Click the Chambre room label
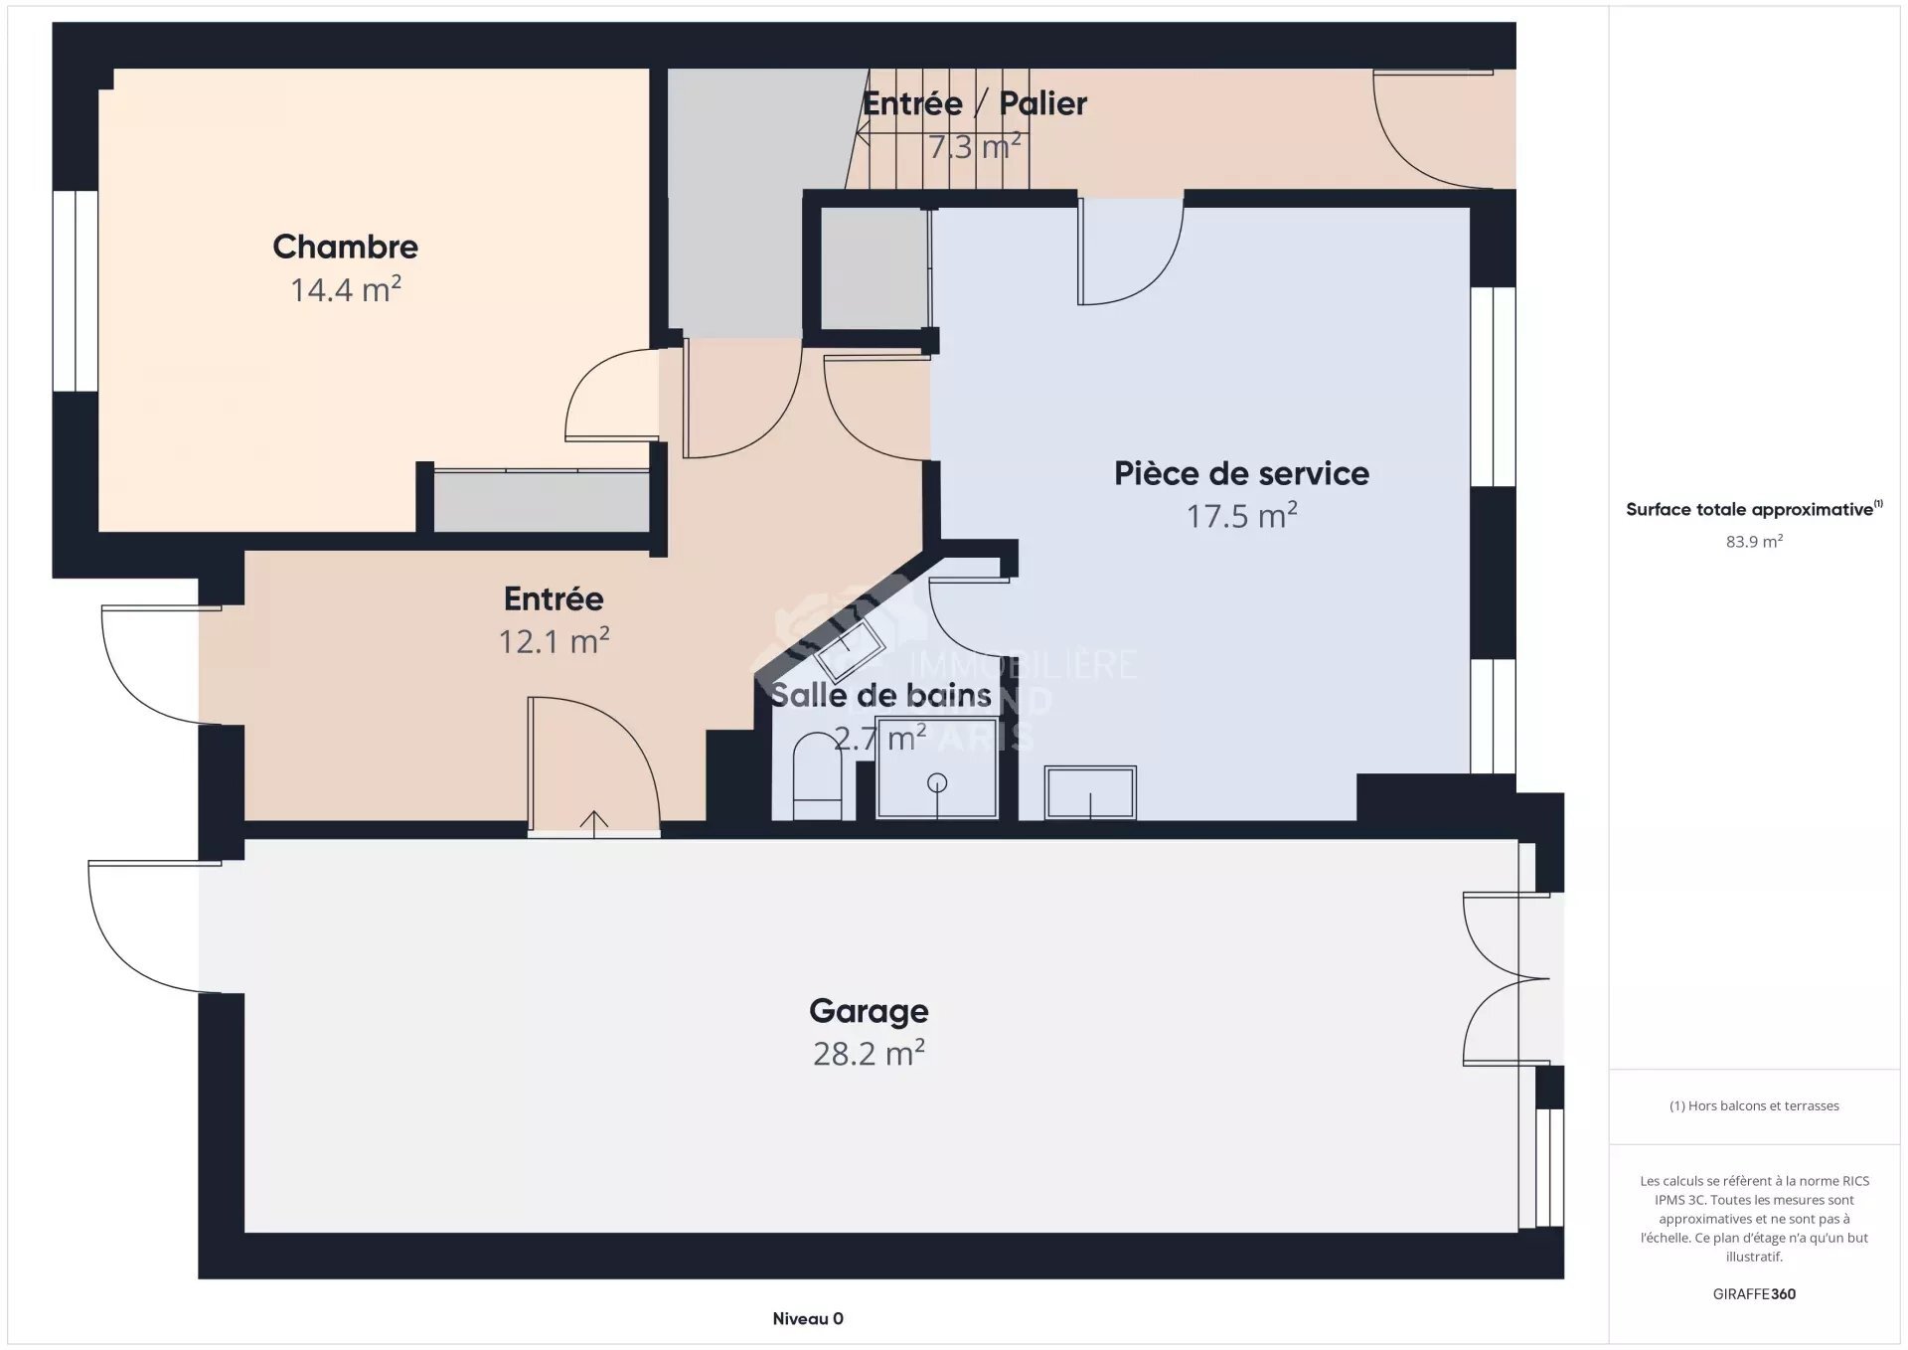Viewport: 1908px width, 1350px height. pyautogui.click(x=345, y=247)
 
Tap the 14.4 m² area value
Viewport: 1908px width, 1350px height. pyautogui.click(x=345, y=289)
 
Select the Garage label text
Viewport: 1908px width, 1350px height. pyautogui.click(x=869, y=1011)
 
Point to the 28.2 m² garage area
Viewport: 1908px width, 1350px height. pyautogui.click(x=869, y=1053)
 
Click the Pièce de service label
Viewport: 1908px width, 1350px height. pyautogui.click(x=1241, y=473)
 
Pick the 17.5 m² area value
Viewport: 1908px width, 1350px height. pyautogui.click(x=1241, y=516)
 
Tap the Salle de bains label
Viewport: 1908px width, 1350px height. pyautogui.click(x=880, y=695)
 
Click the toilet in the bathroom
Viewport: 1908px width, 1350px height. pyautogui.click(x=817, y=775)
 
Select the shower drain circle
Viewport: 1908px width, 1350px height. pyautogui.click(x=937, y=783)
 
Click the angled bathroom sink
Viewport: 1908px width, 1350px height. pyautogui.click(x=850, y=648)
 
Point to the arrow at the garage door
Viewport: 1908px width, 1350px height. pyautogui.click(x=593, y=822)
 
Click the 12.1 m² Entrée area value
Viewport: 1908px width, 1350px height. pyautogui.click(x=554, y=641)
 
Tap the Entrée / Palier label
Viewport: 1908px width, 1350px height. pyautogui.click(x=974, y=103)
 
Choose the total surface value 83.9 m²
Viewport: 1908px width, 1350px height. pyautogui.click(x=1754, y=542)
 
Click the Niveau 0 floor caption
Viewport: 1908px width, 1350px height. pyautogui.click(x=808, y=1319)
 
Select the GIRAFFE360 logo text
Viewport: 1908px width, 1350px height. pyautogui.click(x=1754, y=1294)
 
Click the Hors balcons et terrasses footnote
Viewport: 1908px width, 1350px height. pyautogui.click(x=1754, y=1105)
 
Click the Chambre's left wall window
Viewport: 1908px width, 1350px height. pyautogui.click(x=76, y=290)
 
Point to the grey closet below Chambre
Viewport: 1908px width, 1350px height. pyautogui.click(x=542, y=502)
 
